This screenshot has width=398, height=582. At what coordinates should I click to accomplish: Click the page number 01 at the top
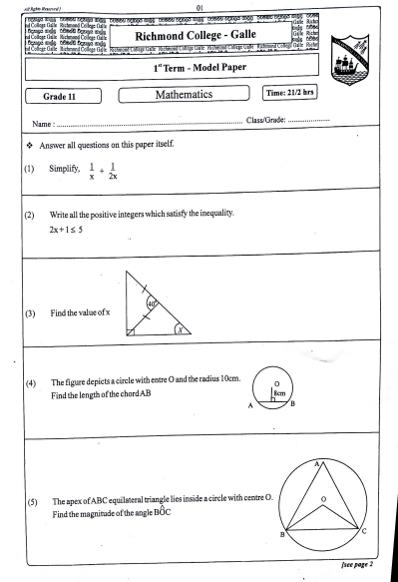200,5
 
